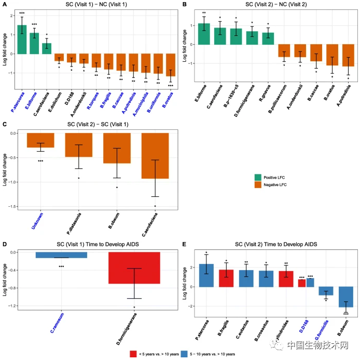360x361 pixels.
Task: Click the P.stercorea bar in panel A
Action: tap(22, 39)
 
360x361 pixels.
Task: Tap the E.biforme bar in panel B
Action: tap(204, 34)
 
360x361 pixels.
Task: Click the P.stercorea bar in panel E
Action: tap(206, 275)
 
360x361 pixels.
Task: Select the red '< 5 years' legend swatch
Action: tap(133, 354)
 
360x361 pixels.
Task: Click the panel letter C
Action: tap(4, 125)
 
